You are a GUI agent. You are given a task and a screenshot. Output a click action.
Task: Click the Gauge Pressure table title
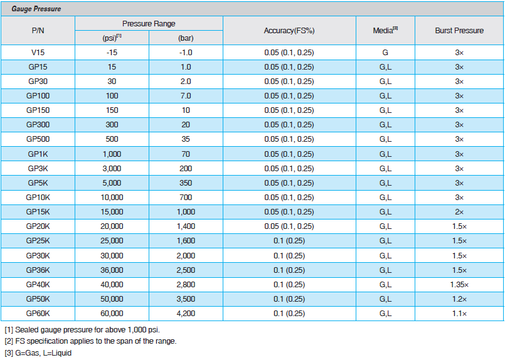(x=36, y=9)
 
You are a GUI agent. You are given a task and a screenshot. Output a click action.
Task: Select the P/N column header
(x=38, y=31)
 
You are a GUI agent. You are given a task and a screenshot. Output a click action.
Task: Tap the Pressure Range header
(x=149, y=23)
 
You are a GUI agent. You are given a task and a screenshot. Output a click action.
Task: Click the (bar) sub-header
(x=186, y=38)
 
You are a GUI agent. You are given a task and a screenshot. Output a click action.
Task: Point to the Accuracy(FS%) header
(x=289, y=31)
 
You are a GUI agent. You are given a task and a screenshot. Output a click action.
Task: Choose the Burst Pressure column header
(x=459, y=31)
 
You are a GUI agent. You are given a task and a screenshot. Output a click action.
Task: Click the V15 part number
(x=38, y=53)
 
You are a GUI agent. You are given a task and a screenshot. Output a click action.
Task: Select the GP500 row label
(x=38, y=139)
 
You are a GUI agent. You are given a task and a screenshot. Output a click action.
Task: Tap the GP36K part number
(x=38, y=270)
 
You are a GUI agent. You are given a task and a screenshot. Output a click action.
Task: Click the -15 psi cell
(x=112, y=53)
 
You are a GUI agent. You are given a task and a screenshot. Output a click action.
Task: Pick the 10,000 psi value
(x=112, y=198)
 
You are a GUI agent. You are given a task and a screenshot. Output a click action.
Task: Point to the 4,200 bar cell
(x=186, y=314)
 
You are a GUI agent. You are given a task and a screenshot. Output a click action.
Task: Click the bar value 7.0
(x=186, y=96)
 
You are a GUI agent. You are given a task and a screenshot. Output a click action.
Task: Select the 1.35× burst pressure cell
(x=459, y=285)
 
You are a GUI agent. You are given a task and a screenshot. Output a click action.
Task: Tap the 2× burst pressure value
(x=459, y=212)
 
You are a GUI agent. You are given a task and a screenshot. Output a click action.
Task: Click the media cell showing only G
(x=385, y=53)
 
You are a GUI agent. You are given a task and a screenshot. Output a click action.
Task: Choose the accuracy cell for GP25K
(x=289, y=241)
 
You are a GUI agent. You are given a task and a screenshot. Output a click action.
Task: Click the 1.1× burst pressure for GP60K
(x=459, y=314)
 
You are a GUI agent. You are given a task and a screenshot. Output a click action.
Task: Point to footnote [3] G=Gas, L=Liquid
(x=38, y=353)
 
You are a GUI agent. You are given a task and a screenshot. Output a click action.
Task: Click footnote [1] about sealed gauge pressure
(x=82, y=330)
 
